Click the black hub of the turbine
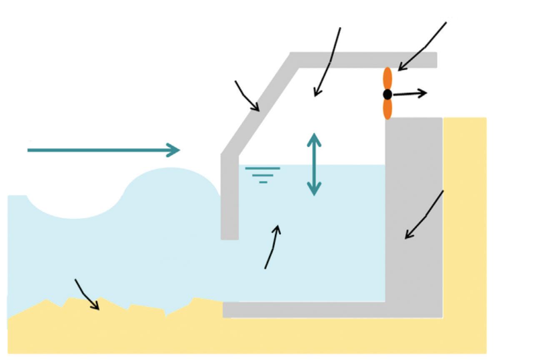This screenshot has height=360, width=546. point(387,94)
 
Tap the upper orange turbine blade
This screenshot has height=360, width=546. point(388,78)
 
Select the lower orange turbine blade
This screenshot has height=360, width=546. point(388,109)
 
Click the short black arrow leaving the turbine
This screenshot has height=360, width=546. point(411,94)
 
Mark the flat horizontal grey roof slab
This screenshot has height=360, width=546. point(367,60)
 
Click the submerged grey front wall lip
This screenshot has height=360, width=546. point(229,200)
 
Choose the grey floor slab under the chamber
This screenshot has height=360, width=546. point(304,310)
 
